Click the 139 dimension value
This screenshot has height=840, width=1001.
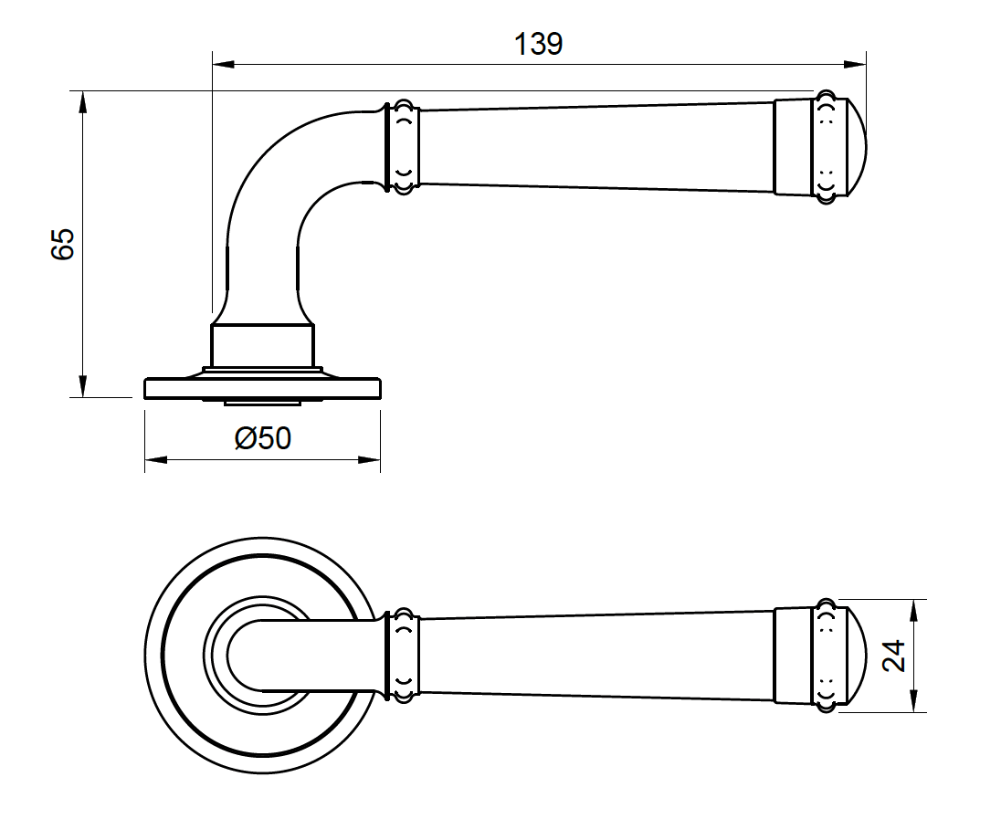click(538, 44)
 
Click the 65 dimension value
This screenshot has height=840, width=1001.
click(62, 245)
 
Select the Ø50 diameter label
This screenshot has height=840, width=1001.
click(263, 439)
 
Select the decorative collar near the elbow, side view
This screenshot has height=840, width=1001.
click(403, 146)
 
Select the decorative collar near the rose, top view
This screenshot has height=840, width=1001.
click(403, 656)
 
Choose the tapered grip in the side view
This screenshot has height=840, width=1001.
click(594, 146)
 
